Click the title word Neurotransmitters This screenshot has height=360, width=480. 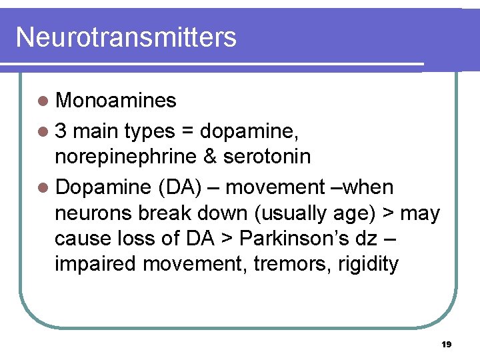126,37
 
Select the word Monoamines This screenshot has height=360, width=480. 116,101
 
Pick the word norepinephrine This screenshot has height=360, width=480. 126,157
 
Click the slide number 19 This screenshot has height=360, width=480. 447,345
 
